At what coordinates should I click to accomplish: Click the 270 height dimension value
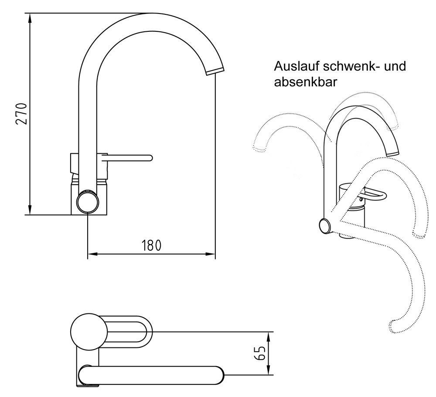21,114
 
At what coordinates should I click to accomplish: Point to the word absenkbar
305,82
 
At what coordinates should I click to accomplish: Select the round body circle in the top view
88,331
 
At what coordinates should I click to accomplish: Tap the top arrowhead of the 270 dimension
30,17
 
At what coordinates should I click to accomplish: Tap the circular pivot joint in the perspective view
325,226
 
